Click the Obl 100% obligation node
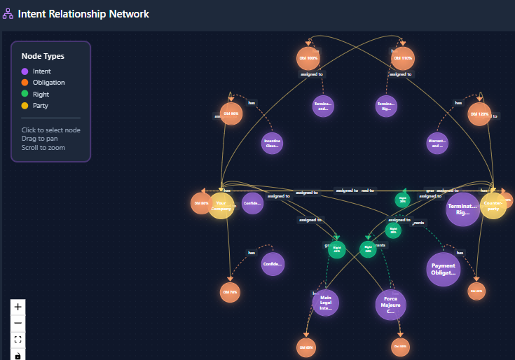[x=308, y=58]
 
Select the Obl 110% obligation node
[x=402, y=58]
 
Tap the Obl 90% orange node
[x=231, y=113]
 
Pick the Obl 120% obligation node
[x=479, y=113]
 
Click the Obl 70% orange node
[x=230, y=292]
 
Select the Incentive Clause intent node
[x=272, y=143]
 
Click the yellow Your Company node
[x=221, y=206]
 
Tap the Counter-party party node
[x=493, y=207]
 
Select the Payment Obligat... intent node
[x=444, y=270]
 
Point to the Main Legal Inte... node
[x=325, y=303]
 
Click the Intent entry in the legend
[x=41, y=71]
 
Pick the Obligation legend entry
[x=48, y=83]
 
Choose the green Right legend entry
[x=41, y=94]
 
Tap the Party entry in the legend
[x=40, y=106]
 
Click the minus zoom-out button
[x=18, y=323]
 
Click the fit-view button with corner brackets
[x=18, y=340]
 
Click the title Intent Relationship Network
[x=83, y=14]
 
